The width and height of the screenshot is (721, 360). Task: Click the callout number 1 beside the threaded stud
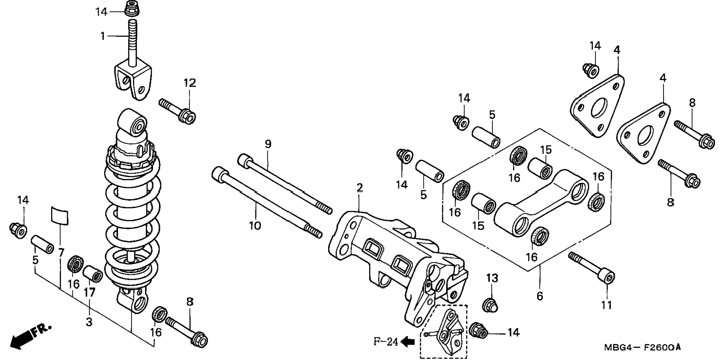pyautogui.click(x=103, y=36)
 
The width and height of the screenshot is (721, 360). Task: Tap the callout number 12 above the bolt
pyautogui.click(x=189, y=83)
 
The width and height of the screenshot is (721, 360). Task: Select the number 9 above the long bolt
pyautogui.click(x=268, y=144)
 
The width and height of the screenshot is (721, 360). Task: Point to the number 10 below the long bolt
pyautogui.click(x=255, y=226)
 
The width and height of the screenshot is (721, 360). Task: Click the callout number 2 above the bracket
pyautogui.click(x=359, y=187)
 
